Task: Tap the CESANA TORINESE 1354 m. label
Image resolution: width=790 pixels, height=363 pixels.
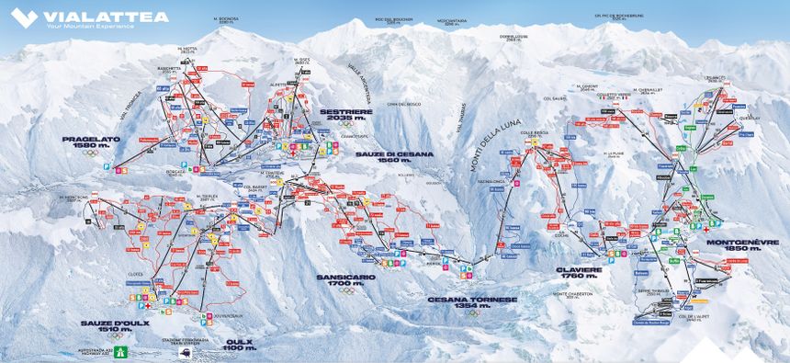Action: (x=472, y=302)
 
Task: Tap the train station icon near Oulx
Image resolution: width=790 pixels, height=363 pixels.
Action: (x=186, y=351)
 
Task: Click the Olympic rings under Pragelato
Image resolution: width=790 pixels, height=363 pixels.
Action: (x=89, y=153)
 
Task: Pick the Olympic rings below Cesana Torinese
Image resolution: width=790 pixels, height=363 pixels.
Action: (x=472, y=312)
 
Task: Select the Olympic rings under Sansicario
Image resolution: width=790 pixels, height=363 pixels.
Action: (x=347, y=290)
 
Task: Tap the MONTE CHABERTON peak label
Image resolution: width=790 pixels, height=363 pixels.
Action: (x=573, y=294)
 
